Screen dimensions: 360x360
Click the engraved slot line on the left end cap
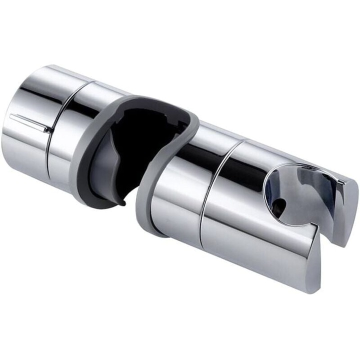coord(30,122)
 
